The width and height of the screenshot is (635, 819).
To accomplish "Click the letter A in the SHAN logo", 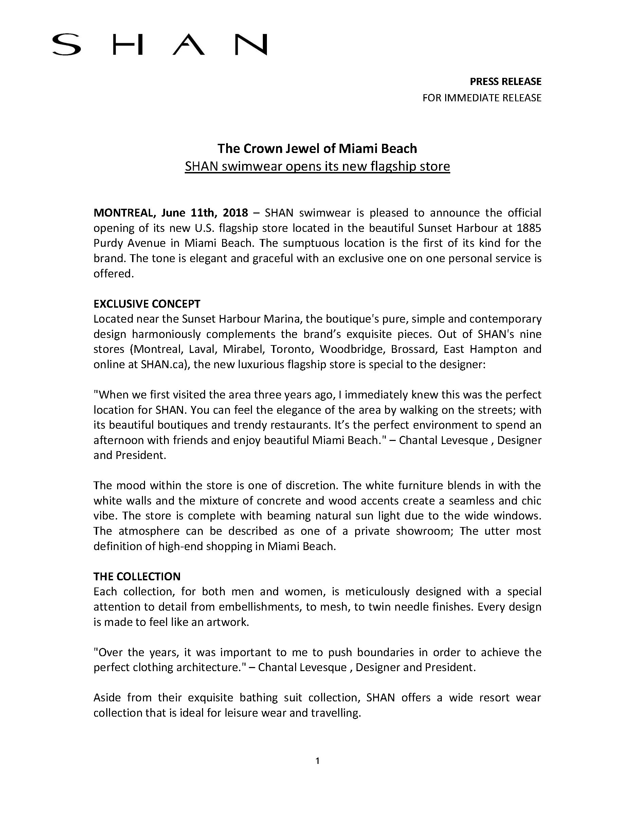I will (188, 45).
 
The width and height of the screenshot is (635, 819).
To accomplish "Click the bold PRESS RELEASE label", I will (505, 81).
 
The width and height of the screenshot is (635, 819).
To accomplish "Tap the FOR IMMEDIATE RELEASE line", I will (482, 98).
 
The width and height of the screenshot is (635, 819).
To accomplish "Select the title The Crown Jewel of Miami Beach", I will (317, 149).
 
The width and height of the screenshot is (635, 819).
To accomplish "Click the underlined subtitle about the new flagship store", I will (317, 166).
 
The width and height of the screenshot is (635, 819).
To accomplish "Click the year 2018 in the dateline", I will (235, 213).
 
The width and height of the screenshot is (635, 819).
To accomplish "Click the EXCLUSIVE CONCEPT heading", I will (147, 304).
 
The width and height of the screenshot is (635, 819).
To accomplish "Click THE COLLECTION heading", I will (137, 576).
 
